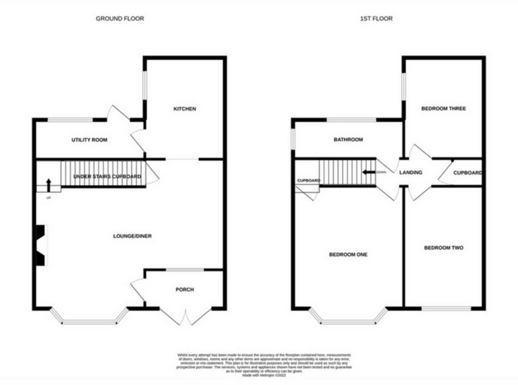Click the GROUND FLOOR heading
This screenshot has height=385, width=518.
click(x=120, y=19)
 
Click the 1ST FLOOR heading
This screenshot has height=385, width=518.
click(x=376, y=19)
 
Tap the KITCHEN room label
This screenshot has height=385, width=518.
click(x=185, y=109)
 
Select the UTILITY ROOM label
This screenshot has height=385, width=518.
click(x=89, y=140)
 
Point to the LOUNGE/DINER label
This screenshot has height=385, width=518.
click(x=133, y=236)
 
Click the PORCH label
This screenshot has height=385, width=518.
click(x=184, y=289)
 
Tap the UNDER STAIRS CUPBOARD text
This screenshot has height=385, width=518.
click(x=107, y=177)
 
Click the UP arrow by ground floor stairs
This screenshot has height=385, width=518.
click(x=48, y=185)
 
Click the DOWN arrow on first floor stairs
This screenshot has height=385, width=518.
click(x=369, y=172)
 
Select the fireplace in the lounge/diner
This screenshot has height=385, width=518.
click(x=40, y=245)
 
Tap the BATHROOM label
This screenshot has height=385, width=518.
click(x=348, y=140)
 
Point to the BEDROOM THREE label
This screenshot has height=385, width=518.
click(x=443, y=109)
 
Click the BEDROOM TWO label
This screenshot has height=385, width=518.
click(x=443, y=248)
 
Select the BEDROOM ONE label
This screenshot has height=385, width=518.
click(x=348, y=255)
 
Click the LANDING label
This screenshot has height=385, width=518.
click(x=411, y=173)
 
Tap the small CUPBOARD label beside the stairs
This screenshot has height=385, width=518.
click(x=308, y=181)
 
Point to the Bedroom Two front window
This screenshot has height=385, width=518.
click(x=446, y=308)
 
